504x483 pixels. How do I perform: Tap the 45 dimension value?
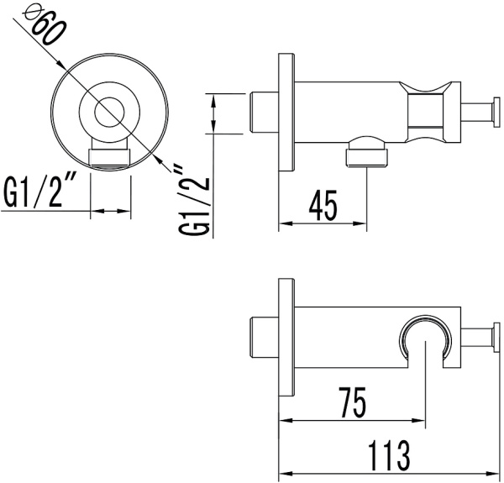[x=323, y=206]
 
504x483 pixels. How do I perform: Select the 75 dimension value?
[x=352, y=402]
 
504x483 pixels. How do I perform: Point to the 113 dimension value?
[x=389, y=455]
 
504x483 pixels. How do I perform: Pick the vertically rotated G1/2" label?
[x=195, y=202]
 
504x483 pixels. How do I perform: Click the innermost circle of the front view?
[x=109, y=112]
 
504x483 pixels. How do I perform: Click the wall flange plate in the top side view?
[x=286, y=113]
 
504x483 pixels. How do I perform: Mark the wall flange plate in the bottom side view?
[x=286, y=338]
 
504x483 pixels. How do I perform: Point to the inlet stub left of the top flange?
[x=265, y=113]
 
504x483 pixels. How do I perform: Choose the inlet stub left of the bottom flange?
[x=265, y=338]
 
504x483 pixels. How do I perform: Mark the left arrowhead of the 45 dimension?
[x=286, y=223]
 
